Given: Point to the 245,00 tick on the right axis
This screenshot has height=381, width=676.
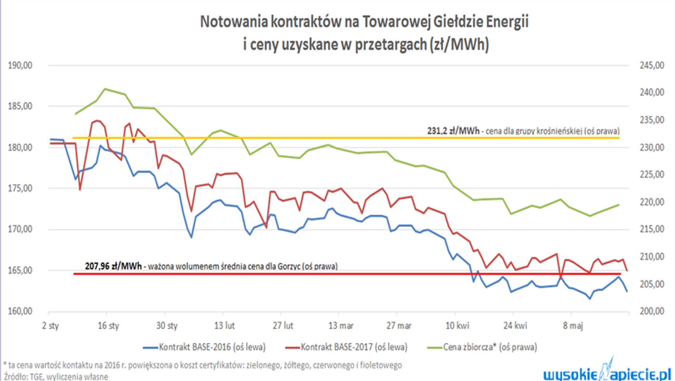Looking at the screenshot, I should (651, 65).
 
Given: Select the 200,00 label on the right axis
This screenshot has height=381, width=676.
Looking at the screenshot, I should (651, 311).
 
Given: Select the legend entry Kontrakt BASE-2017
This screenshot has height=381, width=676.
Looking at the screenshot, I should (354, 347).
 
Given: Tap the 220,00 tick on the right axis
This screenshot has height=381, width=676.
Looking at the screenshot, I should (651, 202).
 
